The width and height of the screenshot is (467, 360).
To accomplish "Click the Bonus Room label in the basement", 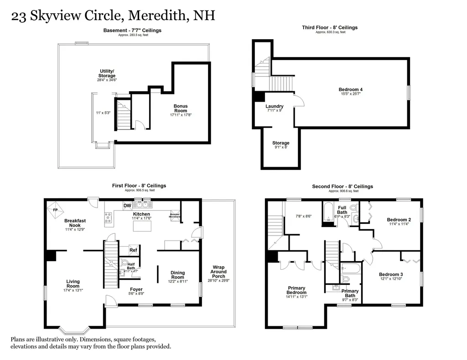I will click(x=180, y=108).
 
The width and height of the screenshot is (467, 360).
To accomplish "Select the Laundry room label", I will click(x=275, y=107).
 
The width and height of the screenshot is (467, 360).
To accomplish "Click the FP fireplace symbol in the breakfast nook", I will click(x=55, y=210).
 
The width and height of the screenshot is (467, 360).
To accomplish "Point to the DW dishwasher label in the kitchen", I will click(x=127, y=206).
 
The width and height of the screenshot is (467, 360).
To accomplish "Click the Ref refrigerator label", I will click(x=133, y=250).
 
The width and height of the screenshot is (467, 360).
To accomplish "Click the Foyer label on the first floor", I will click(x=136, y=289).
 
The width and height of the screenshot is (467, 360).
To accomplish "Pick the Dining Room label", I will click(x=177, y=275).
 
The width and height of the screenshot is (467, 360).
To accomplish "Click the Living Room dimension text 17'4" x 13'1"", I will click(x=73, y=290).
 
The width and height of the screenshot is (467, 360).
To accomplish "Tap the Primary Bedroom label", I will click(x=296, y=290).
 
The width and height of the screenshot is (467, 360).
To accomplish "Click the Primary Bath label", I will click(x=350, y=293).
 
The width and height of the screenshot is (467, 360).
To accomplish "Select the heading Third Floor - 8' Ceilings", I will click(x=330, y=27).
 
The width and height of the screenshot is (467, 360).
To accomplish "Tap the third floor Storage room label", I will click(x=281, y=143).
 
